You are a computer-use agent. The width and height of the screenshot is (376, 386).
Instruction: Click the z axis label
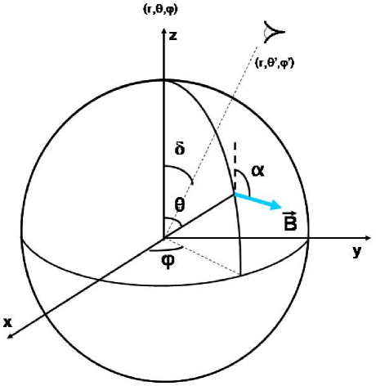tap(173, 38)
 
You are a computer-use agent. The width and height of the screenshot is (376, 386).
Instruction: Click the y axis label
tap(356, 253)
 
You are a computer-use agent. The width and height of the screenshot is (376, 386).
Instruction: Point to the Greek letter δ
tap(180, 150)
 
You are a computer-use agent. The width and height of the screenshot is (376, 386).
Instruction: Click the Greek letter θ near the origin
tap(180, 206)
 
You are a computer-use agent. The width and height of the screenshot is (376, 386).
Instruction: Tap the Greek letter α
tap(259, 170)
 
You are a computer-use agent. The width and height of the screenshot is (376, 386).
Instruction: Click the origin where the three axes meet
tap(164, 239)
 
